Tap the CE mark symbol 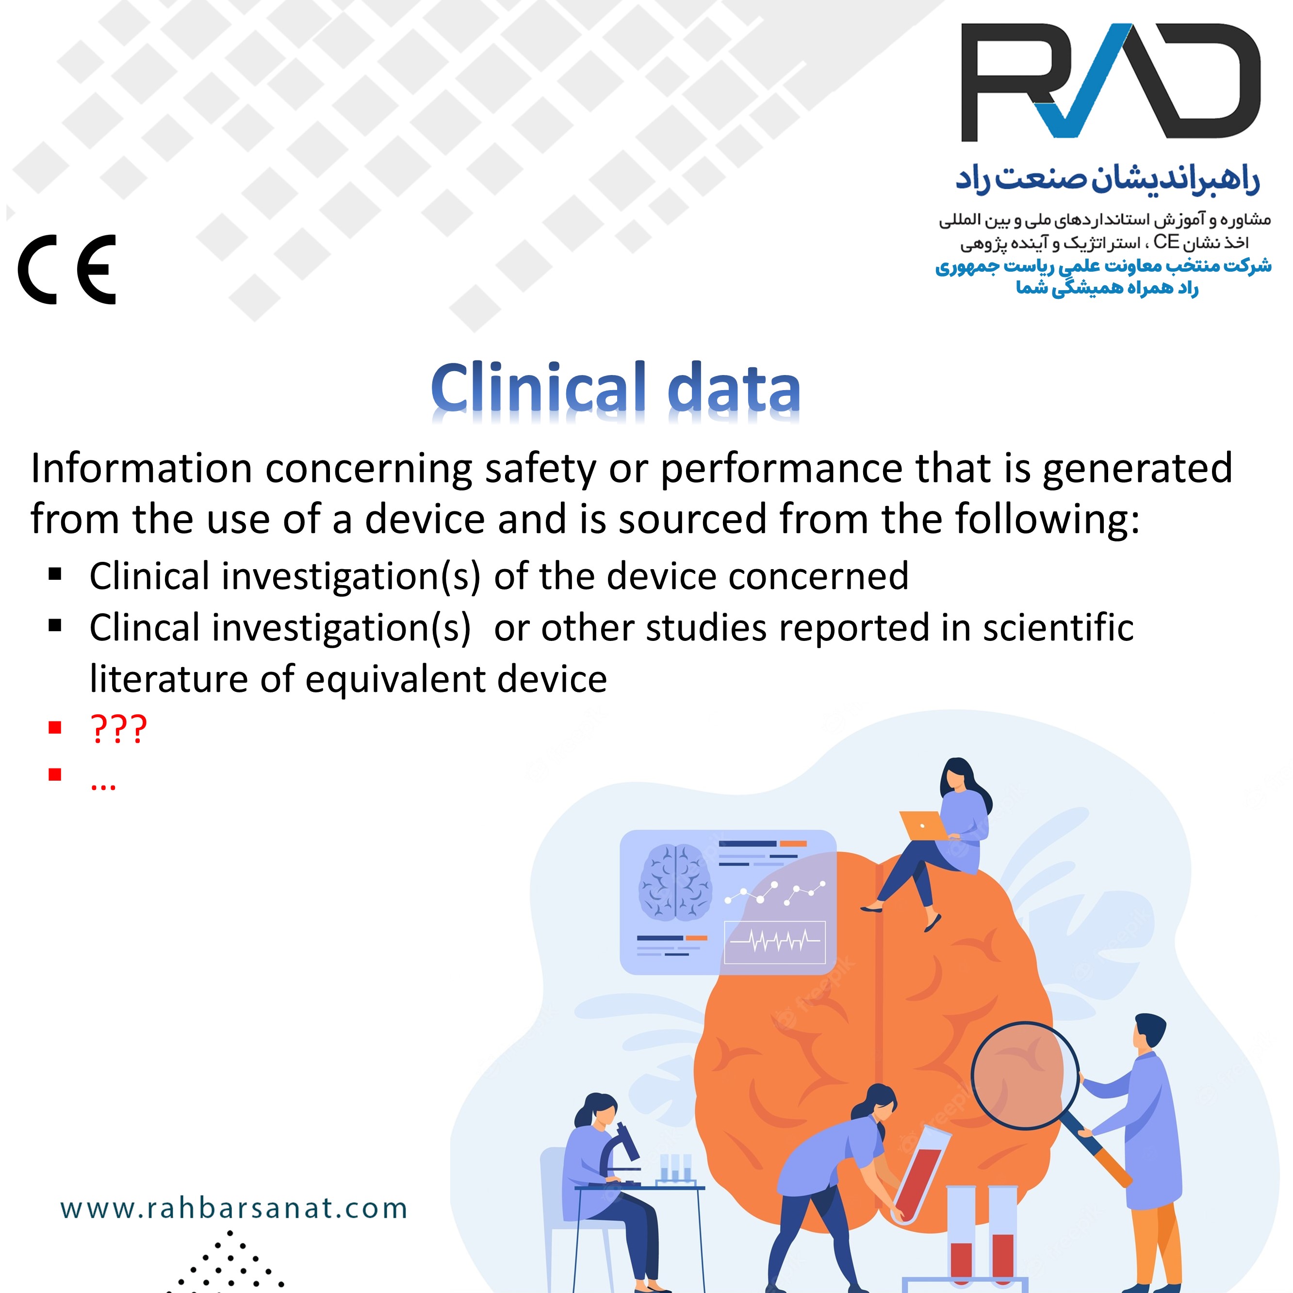point(67,270)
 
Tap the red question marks point(118,730)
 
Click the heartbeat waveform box point(775,942)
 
